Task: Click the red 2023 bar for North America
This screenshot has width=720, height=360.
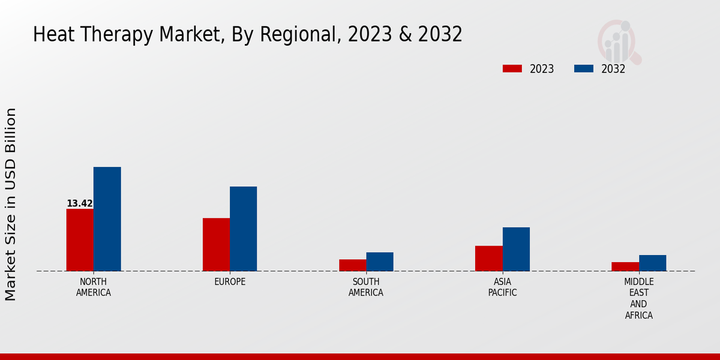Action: [80, 239]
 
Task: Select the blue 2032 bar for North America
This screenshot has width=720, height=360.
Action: [107, 218]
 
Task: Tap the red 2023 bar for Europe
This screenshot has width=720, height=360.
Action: [216, 244]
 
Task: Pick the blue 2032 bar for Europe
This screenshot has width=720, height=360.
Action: [243, 229]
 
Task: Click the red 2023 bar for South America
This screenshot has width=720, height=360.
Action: [352, 265]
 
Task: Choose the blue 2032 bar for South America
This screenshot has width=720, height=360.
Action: [379, 262]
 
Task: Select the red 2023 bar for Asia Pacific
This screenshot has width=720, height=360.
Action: [488, 258]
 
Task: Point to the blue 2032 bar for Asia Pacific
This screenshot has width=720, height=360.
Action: [516, 249]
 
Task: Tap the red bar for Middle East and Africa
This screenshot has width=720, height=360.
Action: [625, 266]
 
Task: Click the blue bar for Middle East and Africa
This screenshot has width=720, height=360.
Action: [652, 263]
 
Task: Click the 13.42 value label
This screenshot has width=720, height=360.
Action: [79, 203]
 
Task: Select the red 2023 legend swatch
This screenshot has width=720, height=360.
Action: [512, 68]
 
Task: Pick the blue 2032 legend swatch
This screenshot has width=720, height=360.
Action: [583, 68]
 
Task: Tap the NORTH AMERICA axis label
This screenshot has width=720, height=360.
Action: [93, 287]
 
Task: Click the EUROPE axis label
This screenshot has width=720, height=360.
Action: [230, 282]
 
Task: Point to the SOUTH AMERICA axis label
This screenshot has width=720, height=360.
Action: [365, 287]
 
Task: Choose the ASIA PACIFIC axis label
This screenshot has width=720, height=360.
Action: [502, 287]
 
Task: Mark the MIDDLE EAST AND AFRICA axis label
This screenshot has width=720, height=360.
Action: [638, 298]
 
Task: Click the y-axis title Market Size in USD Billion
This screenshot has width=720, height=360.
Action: [11, 204]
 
